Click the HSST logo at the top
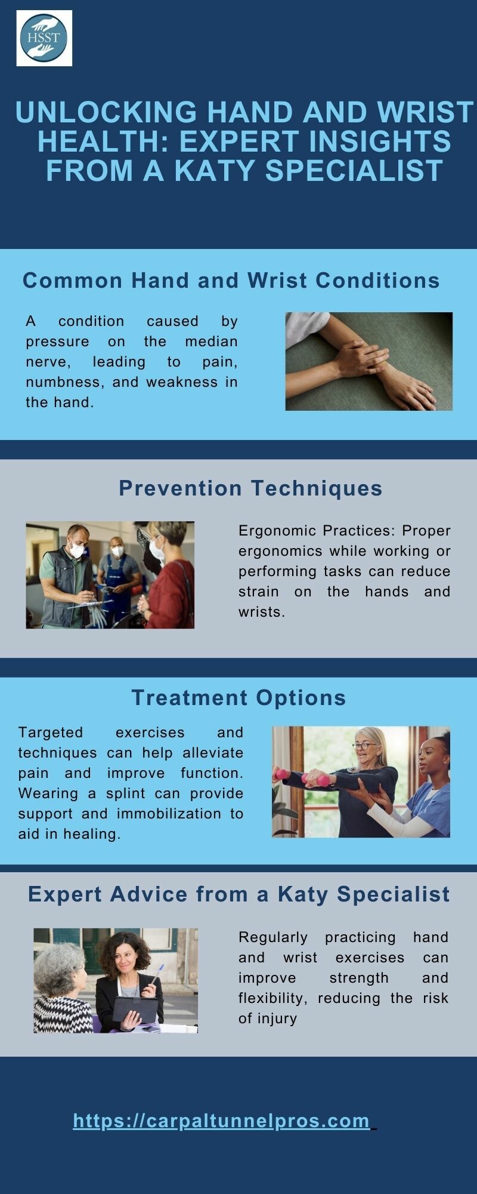point(44,38)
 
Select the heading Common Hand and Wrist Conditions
point(231,280)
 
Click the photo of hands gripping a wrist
point(368,361)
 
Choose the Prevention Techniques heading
point(250,488)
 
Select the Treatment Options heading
point(238,697)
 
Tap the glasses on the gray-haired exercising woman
point(364,745)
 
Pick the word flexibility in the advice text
point(273,998)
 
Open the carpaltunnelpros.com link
point(222,1121)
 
